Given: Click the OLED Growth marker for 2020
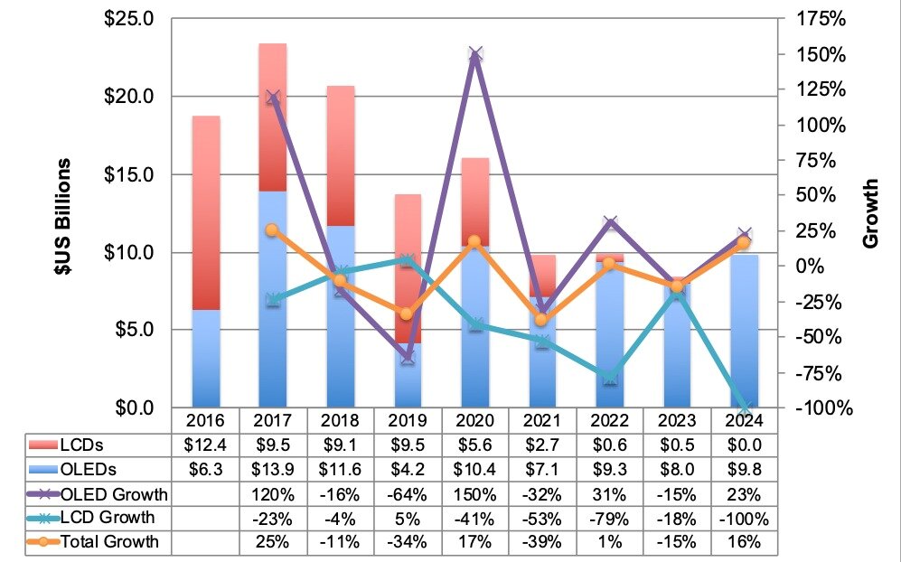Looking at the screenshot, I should [476, 54].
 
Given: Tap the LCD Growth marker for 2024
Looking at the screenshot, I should [744, 407].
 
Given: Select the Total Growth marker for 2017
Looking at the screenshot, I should [273, 230].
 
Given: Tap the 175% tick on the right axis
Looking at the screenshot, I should [821, 19].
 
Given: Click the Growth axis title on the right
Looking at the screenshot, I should [869, 214].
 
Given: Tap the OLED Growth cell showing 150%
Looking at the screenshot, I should [475, 492].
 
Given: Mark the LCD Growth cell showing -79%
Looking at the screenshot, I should [610, 518].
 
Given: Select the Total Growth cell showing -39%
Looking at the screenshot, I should [542, 542].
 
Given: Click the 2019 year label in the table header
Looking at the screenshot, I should [408, 420].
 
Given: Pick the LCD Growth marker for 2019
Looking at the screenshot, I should [408, 260].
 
